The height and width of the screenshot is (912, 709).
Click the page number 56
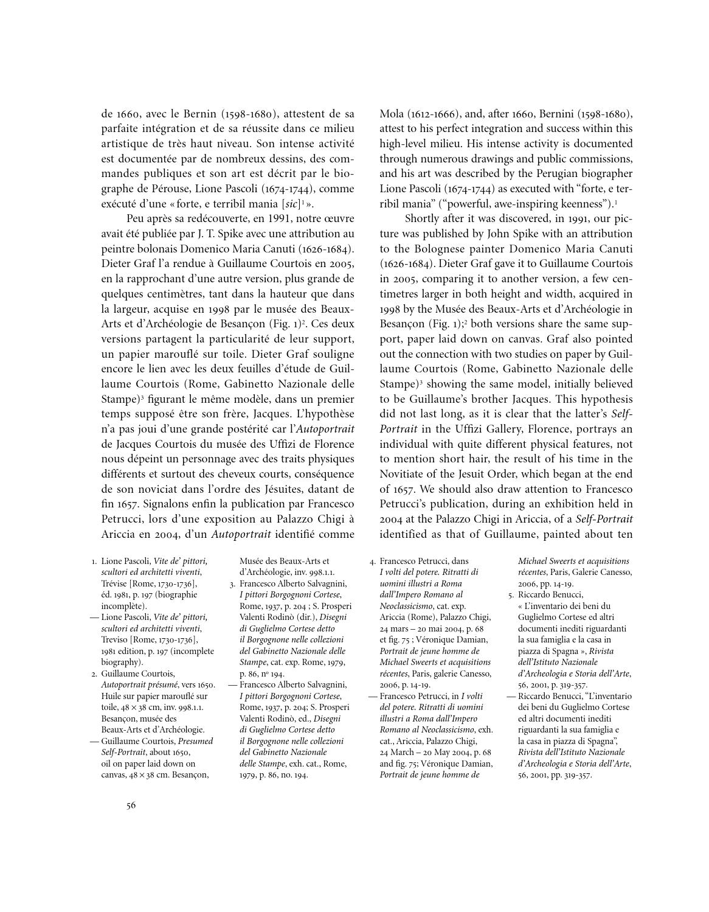[131, 806]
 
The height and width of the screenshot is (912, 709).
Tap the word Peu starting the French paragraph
[136, 218]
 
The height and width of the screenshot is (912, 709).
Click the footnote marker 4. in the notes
[372, 561]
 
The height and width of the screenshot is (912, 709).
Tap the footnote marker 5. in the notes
[512, 594]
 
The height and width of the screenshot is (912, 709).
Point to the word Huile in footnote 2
[112, 696]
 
